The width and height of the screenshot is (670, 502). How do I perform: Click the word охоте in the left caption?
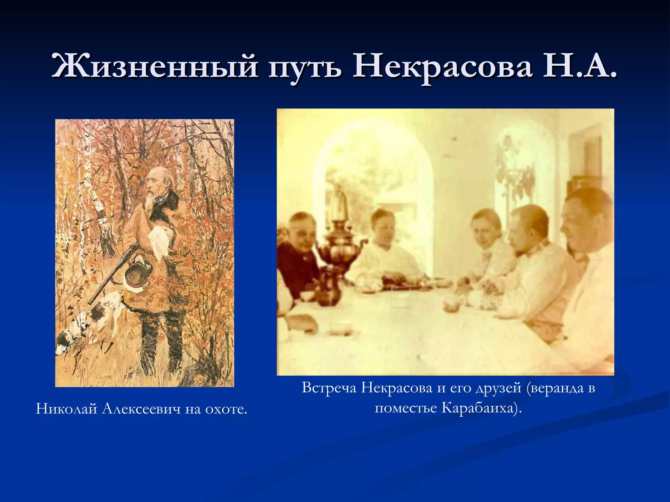(226, 409)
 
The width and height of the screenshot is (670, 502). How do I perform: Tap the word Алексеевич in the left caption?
(141, 409)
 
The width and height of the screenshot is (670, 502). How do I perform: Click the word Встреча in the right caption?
(328, 388)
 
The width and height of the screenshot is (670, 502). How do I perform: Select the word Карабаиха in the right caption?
(477, 408)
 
